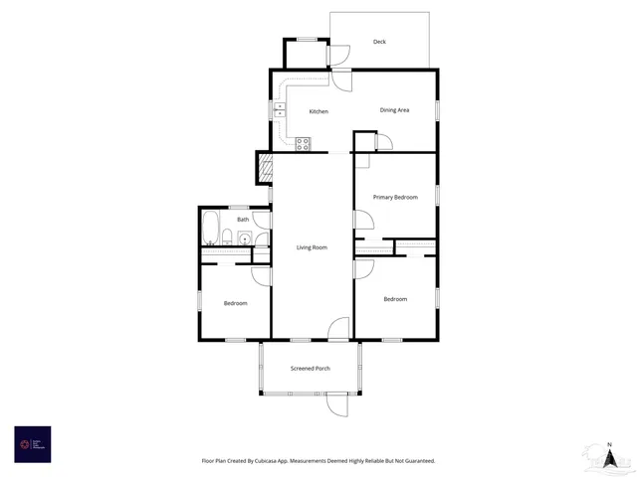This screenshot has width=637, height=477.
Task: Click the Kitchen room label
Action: tap(318, 111)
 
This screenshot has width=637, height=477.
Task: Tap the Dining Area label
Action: tap(394, 110)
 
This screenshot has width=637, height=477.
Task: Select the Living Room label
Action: tap(312, 247)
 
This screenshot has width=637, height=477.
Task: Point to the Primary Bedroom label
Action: tap(395, 198)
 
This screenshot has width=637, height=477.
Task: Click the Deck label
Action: tap(379, 42)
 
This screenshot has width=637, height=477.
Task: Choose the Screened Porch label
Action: tap(311, 369)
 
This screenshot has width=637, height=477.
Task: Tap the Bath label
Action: tap(243, 220)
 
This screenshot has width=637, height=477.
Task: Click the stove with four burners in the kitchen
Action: tap(304, 144)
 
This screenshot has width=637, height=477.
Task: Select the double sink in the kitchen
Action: tap(281, 110)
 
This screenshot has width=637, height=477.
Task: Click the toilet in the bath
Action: tap(228, 237)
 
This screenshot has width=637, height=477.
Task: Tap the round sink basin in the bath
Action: tap(245, 239)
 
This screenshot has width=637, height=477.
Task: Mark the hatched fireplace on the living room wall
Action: tap(264, 167)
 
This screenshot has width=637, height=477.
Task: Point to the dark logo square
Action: tap(32, 444)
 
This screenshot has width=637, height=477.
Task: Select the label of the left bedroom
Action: tap(235, 303)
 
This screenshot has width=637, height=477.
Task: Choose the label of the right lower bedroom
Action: tap(395, 299)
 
